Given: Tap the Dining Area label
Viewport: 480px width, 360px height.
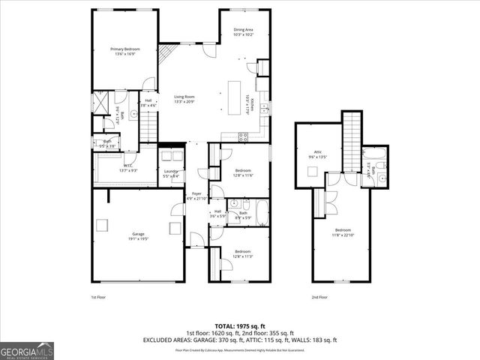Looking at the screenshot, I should coord(243,32).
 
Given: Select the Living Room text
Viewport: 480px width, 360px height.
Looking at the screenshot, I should coord(184,98).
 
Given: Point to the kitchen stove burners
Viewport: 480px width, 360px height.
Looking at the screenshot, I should coord(243,136).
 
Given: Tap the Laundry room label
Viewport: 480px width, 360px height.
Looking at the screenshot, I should coord(172,173).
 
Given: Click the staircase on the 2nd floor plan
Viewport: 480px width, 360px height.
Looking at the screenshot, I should coord(352,139).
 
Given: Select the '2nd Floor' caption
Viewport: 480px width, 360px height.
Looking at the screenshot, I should coord(319,297).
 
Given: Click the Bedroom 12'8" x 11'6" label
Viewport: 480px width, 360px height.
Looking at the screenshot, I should coord(243,172).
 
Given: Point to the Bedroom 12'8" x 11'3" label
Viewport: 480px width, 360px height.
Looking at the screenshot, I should coord(243,253).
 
